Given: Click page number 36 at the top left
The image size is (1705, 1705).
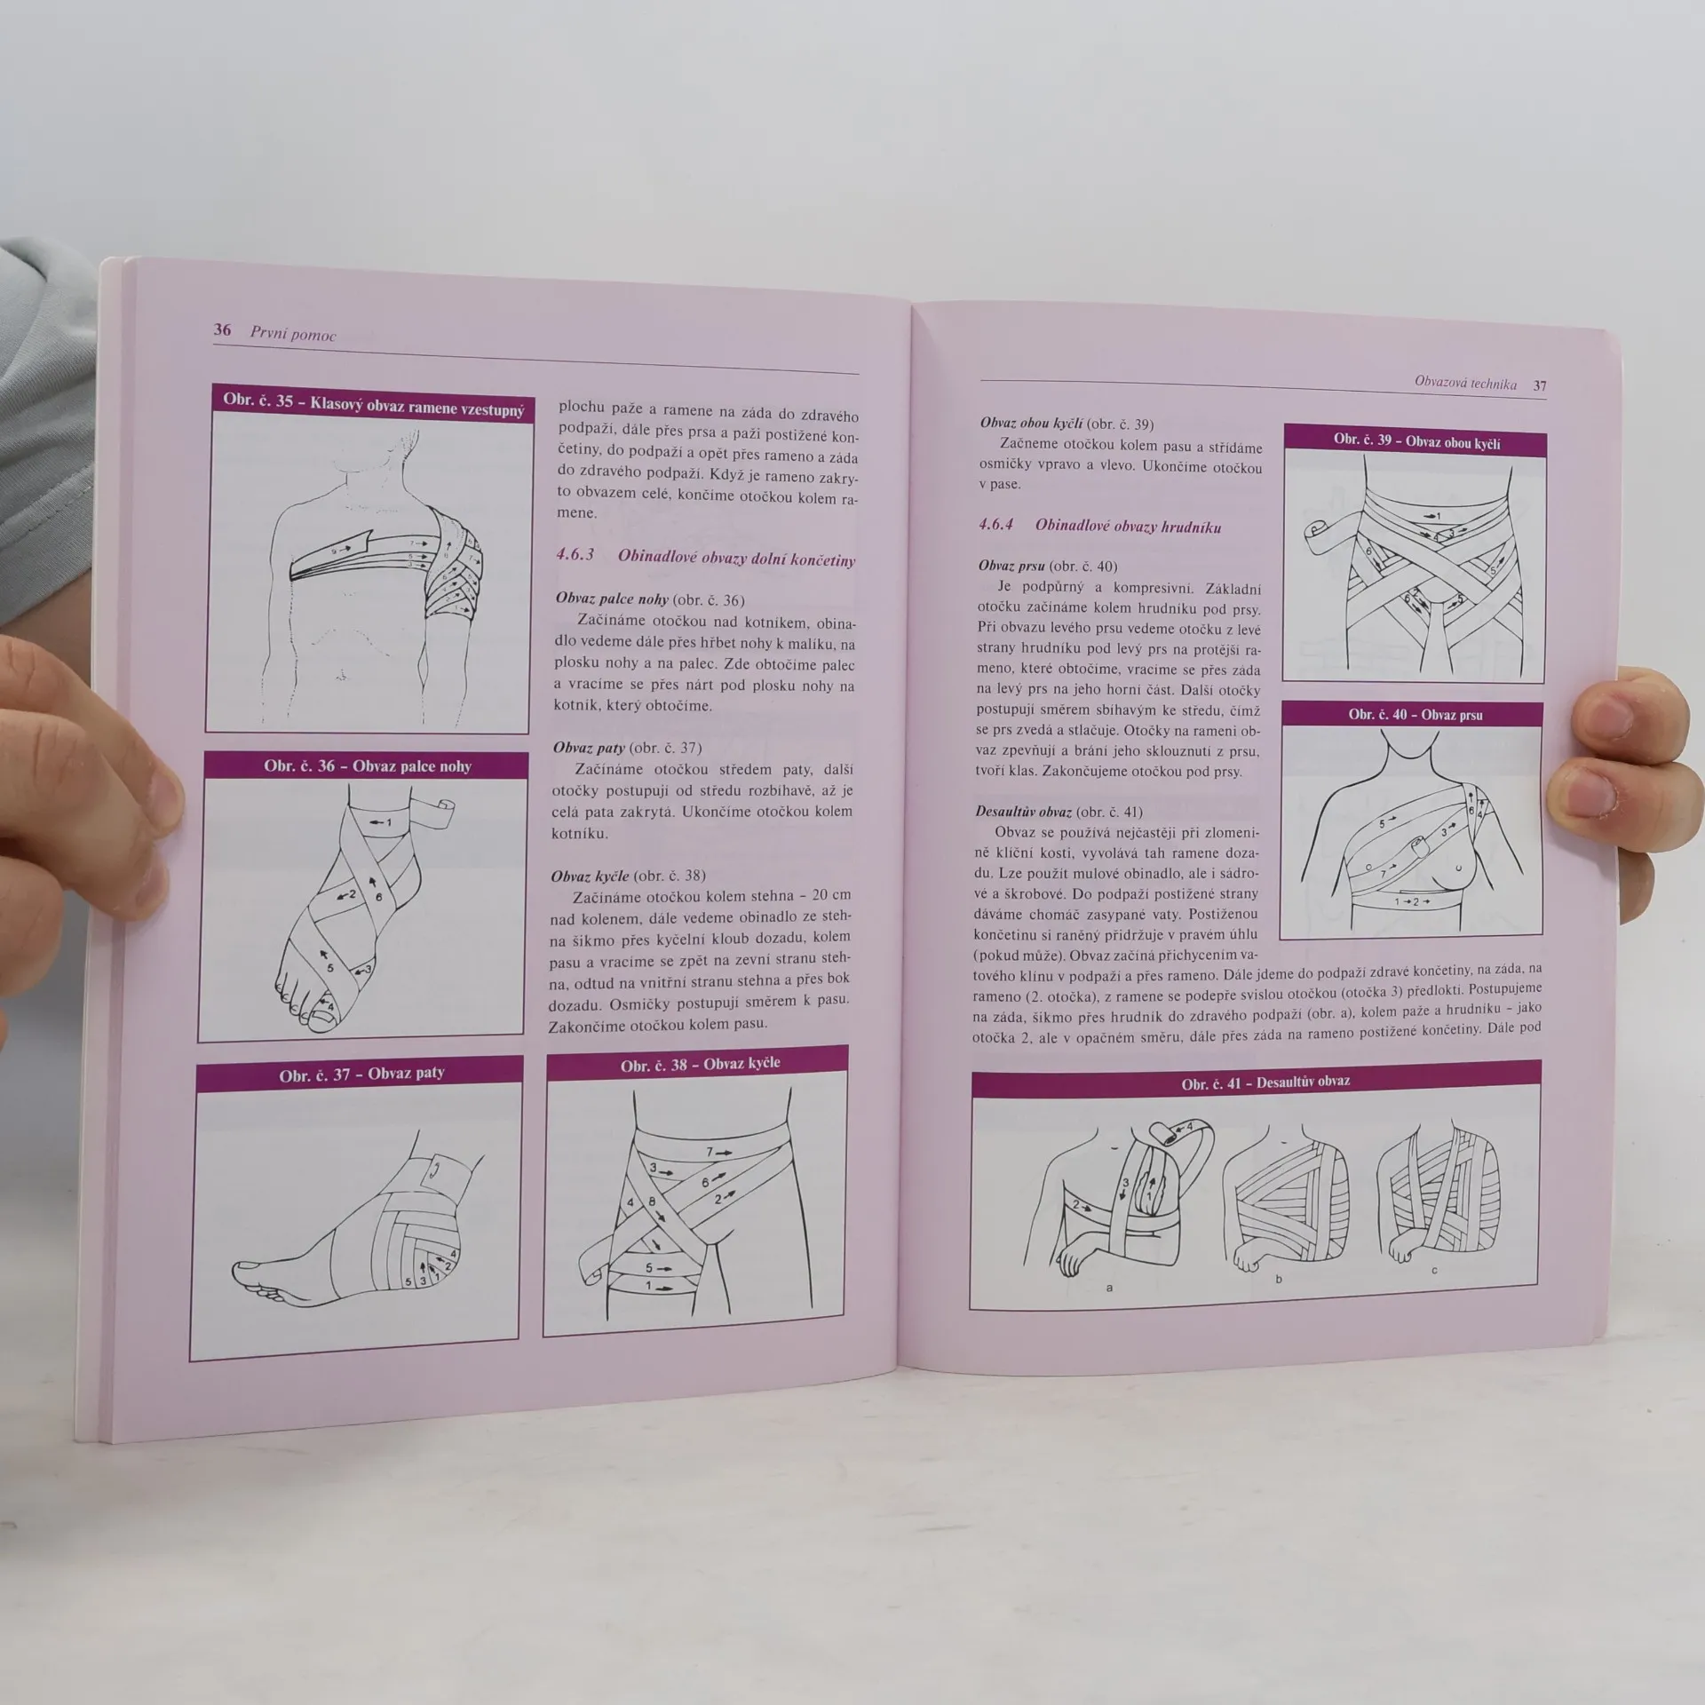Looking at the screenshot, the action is pos(222,329).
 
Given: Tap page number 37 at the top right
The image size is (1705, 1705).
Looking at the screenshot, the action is pos(1540,385).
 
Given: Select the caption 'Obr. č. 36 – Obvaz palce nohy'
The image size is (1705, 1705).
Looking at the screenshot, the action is pos(367,765).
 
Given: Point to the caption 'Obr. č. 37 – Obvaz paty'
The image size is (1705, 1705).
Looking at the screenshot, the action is pos(361,1074).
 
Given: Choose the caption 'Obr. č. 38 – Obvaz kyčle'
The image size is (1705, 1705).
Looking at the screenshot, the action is pos(700,1064).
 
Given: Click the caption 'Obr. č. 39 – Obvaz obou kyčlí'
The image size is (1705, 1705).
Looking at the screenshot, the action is pos(1416,441).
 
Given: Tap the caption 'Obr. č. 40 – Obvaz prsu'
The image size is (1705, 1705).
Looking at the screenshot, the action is pos(1416,714).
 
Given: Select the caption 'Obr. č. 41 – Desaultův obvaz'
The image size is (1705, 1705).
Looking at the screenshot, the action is pos(1265,1082).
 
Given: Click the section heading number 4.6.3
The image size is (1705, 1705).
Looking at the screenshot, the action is pos(575,554).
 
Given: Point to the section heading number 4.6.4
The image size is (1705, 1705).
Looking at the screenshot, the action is pos(995,524).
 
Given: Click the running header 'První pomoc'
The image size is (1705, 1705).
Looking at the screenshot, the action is pos(293,334).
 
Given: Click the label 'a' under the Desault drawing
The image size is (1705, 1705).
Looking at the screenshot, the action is pos(1108,1287).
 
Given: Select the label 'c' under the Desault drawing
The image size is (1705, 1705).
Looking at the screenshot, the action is pos(1434,1271).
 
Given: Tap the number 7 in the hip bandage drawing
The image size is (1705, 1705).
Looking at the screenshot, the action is pos(709,1152).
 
